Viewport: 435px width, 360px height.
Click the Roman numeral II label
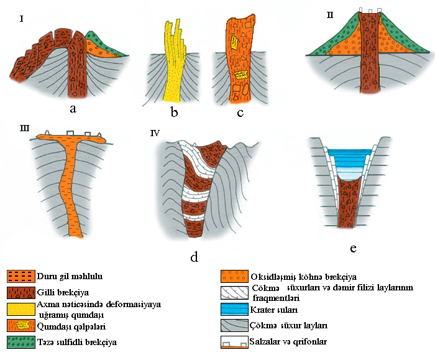pyautogui.click(x=329, y=14)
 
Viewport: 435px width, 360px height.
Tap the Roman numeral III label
pyautogui.click(x=24, y=129)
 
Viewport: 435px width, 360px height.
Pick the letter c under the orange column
pyautogui.click(x=240, y=113)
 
